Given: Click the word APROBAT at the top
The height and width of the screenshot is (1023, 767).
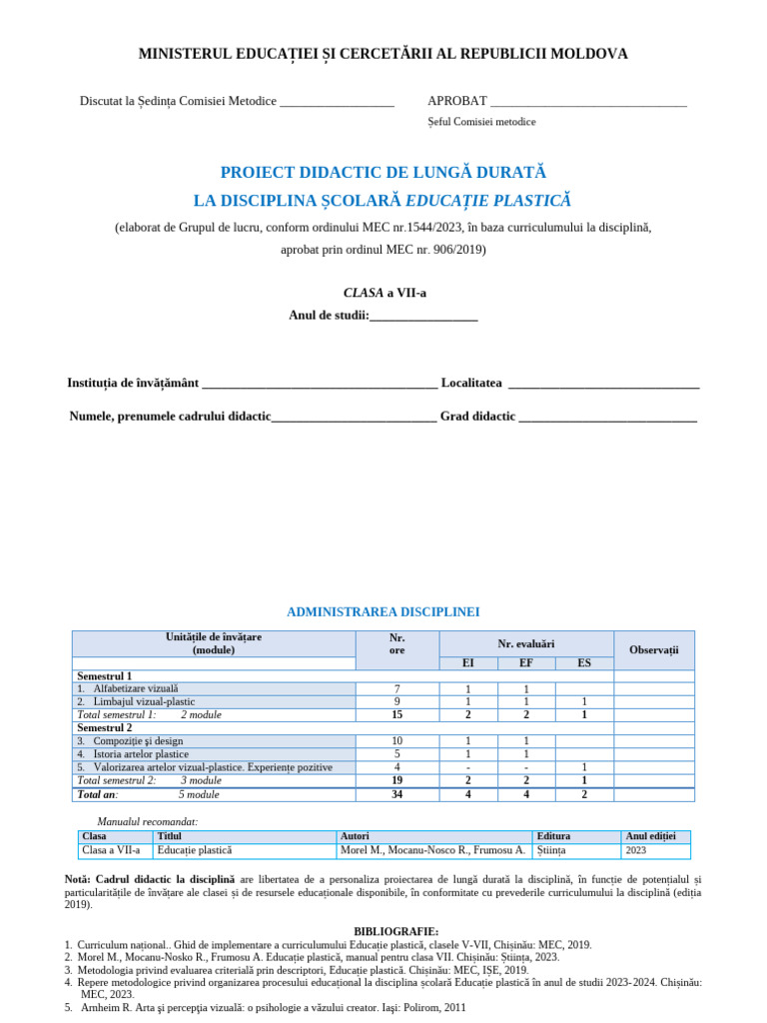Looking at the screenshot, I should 457,101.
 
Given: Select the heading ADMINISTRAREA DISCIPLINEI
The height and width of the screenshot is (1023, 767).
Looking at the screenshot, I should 383,611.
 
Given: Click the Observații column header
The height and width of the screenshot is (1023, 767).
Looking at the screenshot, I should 653,650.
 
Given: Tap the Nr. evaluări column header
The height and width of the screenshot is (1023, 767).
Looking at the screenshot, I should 526,644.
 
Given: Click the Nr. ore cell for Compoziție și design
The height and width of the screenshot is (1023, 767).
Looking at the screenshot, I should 397,741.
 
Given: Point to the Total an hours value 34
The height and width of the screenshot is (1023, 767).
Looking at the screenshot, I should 397,794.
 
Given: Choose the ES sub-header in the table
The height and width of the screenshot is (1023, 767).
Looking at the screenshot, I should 583,663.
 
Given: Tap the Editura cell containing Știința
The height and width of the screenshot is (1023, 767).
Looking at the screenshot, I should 550,850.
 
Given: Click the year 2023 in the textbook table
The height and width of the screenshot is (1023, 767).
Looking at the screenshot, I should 636,851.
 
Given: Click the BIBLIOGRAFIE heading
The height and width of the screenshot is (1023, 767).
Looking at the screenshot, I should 395,931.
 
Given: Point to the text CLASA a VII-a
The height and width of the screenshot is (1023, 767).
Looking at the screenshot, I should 383,293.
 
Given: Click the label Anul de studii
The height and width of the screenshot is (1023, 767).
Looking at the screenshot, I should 329,316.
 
